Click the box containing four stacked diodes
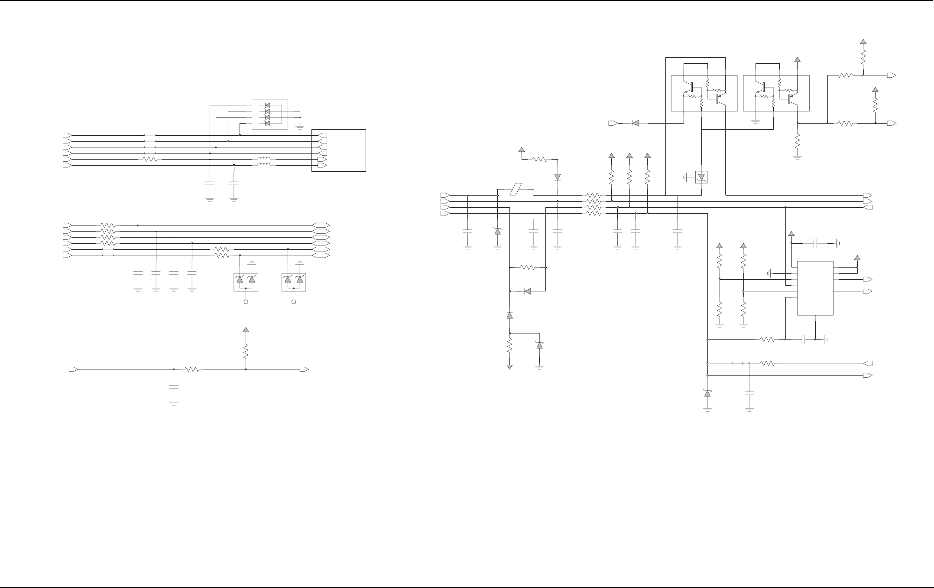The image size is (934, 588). click(269, 114)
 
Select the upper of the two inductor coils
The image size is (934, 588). click(264, 159)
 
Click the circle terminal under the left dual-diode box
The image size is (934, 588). click(246, 301)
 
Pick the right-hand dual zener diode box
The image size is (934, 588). click(294, 282)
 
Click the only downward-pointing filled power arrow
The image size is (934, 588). click(509, 367)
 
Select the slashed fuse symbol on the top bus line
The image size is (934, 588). click(516, 189)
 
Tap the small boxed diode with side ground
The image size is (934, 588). click(701, 177)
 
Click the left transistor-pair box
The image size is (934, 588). click(704, 93)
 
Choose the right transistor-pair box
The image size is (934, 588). click(776, 93)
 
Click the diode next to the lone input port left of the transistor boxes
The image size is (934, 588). click(636, 123)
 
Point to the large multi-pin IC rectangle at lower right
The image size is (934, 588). click(815, 288)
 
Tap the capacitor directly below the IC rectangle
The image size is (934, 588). click(804, 340)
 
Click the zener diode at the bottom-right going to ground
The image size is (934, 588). click(707, 393)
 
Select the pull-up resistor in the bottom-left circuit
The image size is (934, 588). click(246, 351)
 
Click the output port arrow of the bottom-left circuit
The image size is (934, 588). click(304, 369)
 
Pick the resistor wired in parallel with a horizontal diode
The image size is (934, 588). click(528, 267)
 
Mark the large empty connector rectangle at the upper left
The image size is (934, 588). click(338, 150)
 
